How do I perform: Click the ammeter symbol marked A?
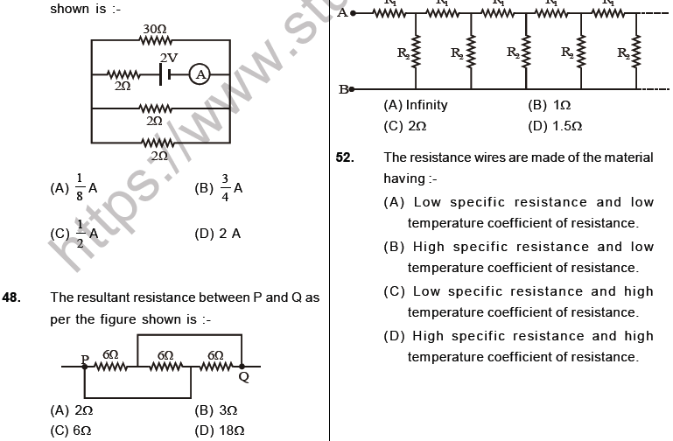200,75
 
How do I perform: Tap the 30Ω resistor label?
154,30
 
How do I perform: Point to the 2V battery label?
168,58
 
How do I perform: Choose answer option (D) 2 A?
218,234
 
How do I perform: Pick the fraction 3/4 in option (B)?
224,187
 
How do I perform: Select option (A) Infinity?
416,105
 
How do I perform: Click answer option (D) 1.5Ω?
556,125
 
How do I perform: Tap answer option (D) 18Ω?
219,430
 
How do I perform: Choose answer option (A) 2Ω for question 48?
73,409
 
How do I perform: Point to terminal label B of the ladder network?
343,89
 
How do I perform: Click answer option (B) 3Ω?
216,409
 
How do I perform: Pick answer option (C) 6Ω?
73,430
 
